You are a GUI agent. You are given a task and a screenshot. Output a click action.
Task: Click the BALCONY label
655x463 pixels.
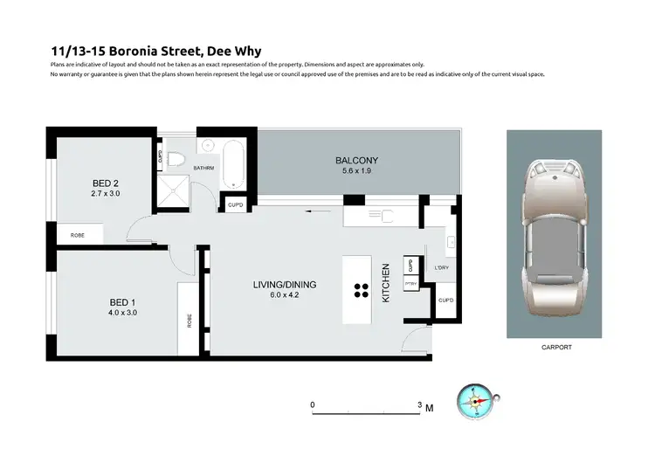click(356, 160)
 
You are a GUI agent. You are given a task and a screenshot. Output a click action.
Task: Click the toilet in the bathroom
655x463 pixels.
click(177, 159)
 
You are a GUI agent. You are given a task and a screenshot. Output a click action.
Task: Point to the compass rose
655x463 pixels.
click(477, 401)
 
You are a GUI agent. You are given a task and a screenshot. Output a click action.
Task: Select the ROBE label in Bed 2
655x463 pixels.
click(79, 235)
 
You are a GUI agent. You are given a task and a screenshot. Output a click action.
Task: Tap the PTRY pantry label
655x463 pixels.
click(410, 282)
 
